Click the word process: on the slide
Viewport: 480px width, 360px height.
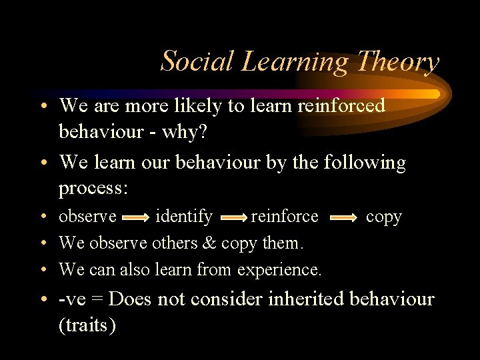(93, 188)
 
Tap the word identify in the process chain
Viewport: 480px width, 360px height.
(184, 217)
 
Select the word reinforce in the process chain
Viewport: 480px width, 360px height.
(285, 217)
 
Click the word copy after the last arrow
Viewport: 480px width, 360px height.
(384, 217)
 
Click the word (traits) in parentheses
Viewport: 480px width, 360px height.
(87, 325)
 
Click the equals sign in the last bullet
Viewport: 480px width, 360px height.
(99, 300)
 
